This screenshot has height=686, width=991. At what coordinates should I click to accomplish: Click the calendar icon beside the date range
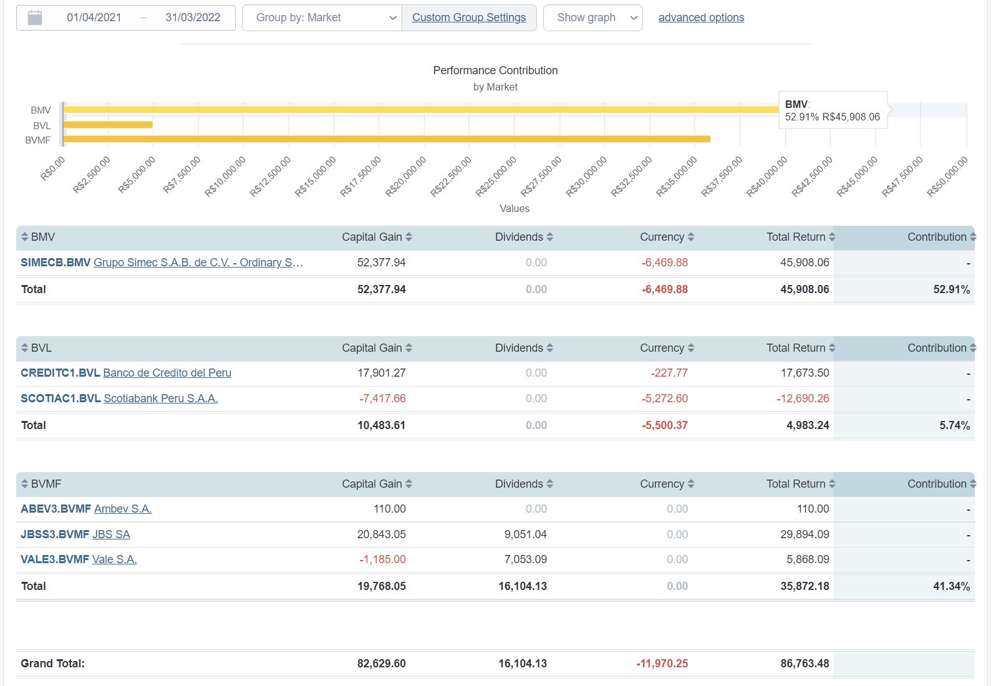click(35, 17)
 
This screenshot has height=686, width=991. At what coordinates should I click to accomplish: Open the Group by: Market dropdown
click(322, 17)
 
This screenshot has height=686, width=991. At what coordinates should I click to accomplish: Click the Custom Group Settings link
click(469, 17)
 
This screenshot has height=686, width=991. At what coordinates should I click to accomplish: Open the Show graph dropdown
click(592, 17)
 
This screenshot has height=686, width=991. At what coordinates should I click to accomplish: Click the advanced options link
click(701, 17)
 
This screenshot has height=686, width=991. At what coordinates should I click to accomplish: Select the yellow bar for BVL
click(108, 125)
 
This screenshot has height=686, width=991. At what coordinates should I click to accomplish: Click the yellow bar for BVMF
click(387, 139)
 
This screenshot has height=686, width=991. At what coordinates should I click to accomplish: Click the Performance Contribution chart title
click(495, 70)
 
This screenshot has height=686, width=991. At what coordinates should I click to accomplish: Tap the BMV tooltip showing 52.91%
click(832, 111)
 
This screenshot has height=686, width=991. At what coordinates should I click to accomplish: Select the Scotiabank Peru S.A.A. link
click(160, 399)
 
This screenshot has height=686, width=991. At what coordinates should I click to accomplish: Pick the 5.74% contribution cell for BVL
click(954, 425)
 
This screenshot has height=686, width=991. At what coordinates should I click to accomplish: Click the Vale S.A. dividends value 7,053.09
click(525, 559)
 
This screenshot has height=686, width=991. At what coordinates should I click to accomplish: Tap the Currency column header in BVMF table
click(662, 484)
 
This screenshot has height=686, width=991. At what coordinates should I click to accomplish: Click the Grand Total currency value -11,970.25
click(662, 664)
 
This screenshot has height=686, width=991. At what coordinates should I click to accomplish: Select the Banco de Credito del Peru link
click(167, 373)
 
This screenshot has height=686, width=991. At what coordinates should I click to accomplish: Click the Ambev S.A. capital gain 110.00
click(389, 509)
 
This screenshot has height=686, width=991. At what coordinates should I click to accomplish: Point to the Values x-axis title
click(514, 208)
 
